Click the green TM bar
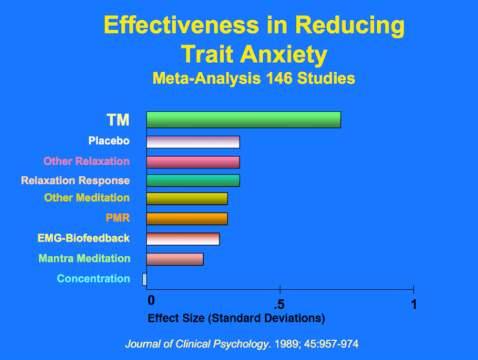[243, 120]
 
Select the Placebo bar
[193, 142]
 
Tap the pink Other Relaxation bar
[193, 161]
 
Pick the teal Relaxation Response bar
[193, 180]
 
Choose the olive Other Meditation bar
[187, 199]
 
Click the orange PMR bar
[187, 218]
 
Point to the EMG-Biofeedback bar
[183, 238]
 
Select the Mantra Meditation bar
[175, 259]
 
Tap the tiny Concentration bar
[145, 279]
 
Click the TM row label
[118, 120]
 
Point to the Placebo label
[108, 141]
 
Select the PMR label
[118, 218]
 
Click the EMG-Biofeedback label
[83, 238]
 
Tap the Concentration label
[93, 279]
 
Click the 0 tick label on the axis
[151, 300]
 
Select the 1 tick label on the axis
[414, 304]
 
